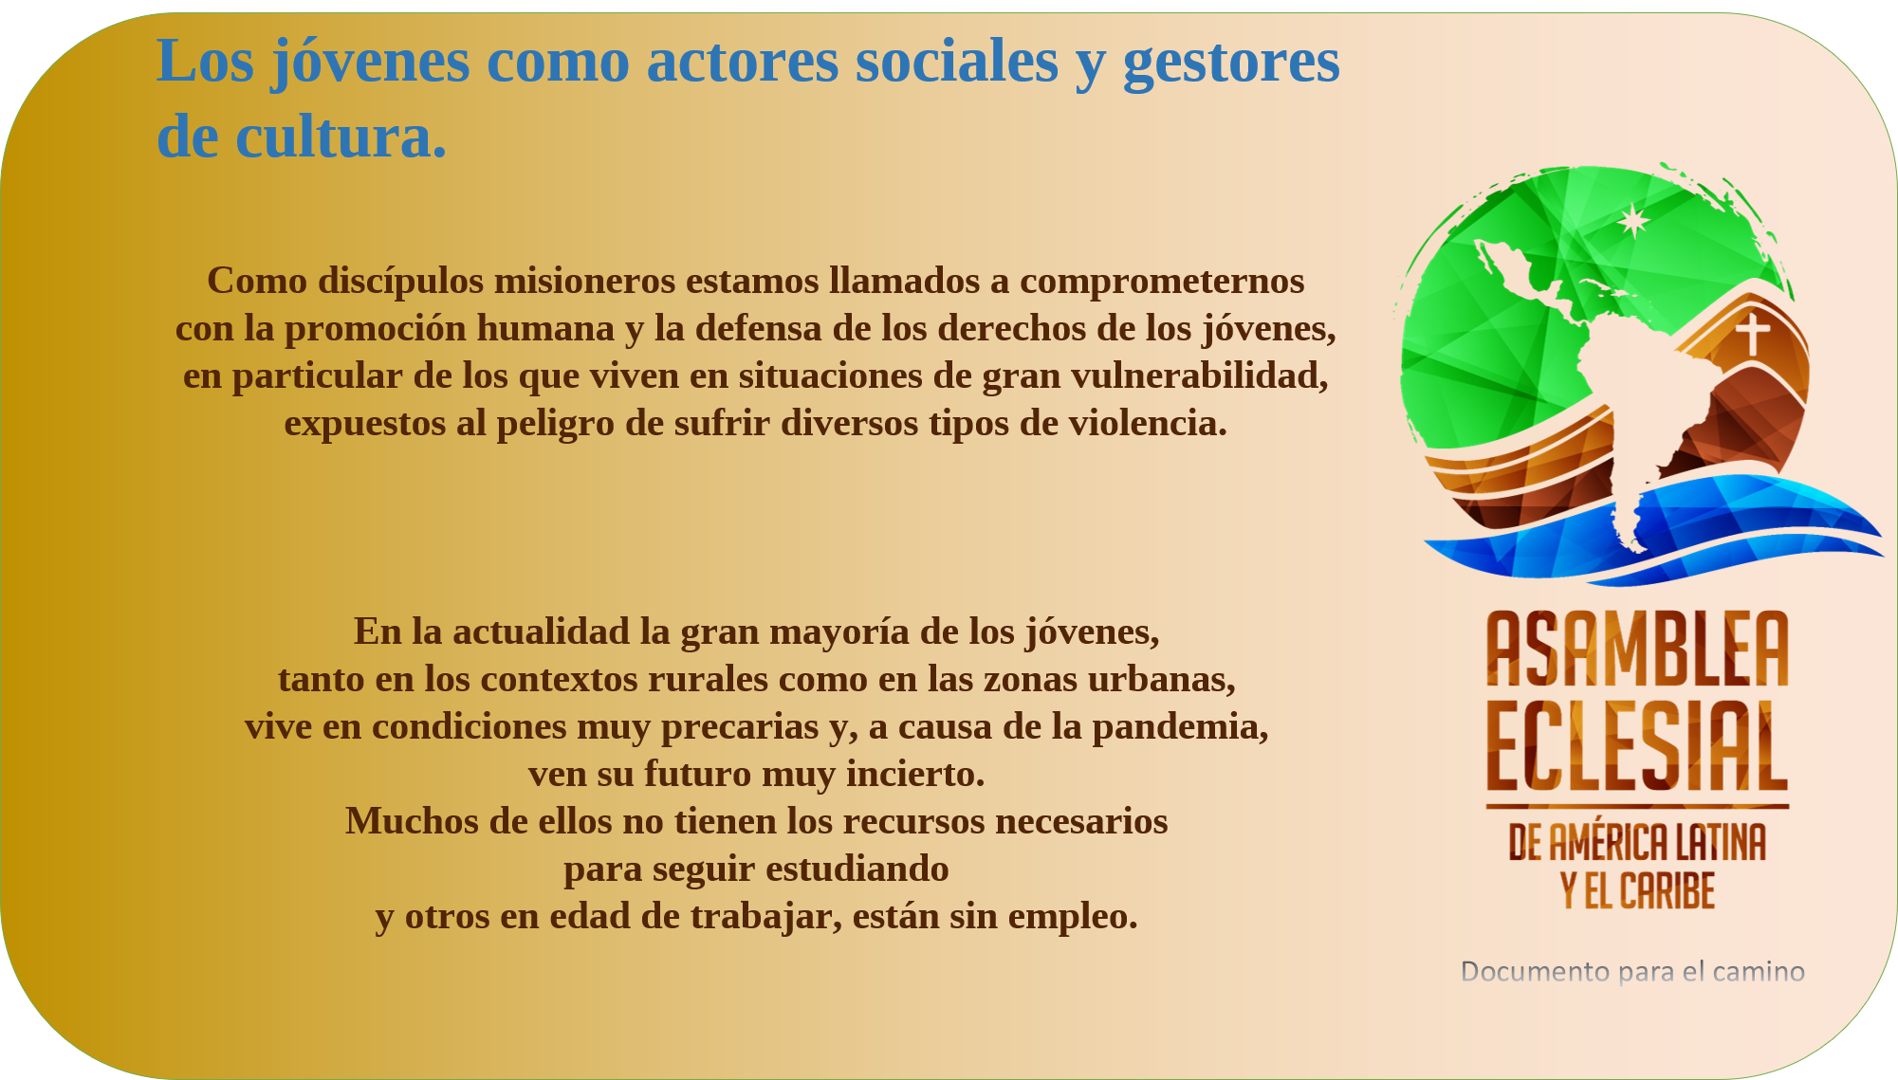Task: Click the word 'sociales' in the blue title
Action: [956, 61]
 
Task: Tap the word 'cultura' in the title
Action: [335, 137]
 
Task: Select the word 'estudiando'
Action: [857, 869]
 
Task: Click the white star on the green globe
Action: [1633, 221]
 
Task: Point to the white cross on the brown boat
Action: [1753, 333]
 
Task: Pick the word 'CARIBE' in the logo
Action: [1667, 891]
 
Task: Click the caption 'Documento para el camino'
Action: [1632, 972]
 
